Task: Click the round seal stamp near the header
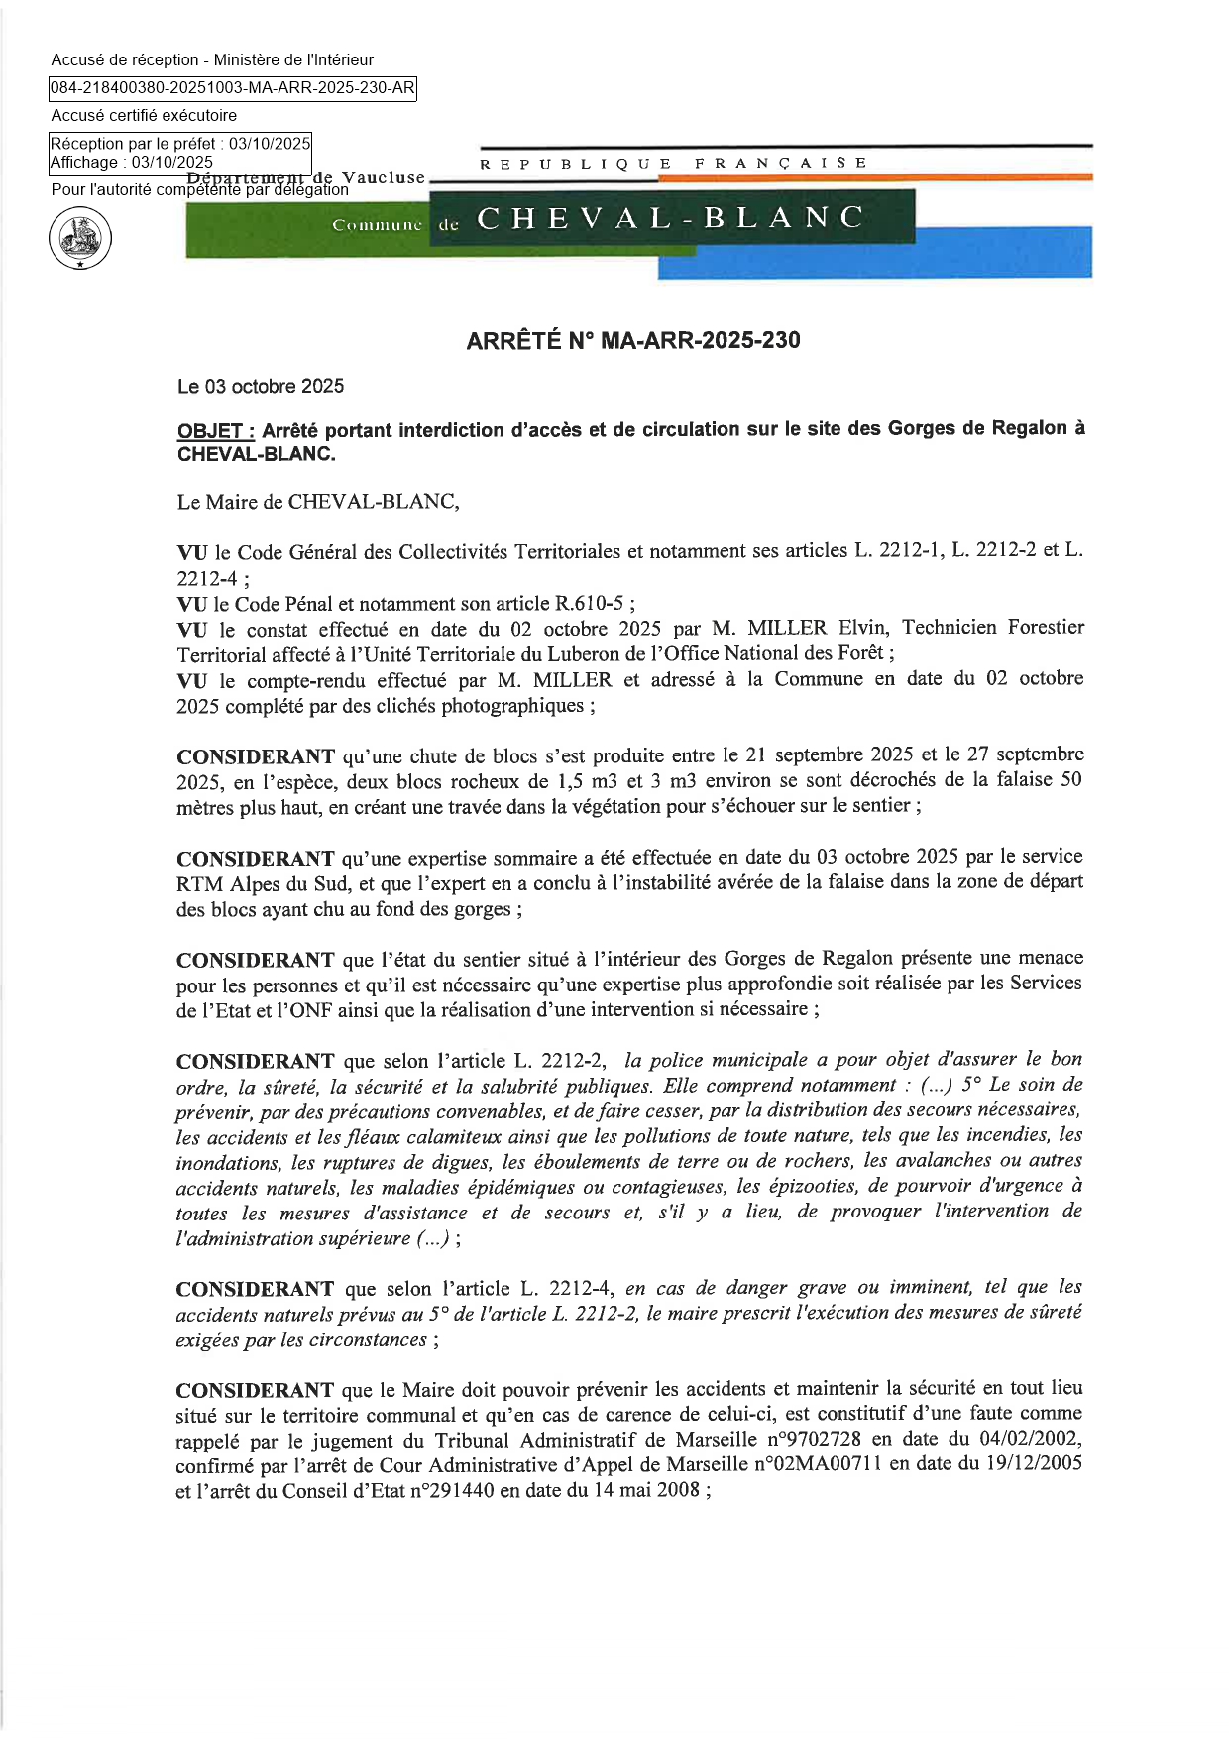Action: [x=80, y=239]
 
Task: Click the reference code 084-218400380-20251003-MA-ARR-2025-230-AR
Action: [x=233, y=88]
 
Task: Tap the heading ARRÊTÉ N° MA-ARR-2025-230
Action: [x=633, y=340]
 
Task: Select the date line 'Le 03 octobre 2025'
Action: [x=261, y=386]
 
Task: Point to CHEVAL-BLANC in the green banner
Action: [x=671, y=218]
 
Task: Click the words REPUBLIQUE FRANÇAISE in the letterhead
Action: [x=674, y=163]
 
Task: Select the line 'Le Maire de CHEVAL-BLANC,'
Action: [x=318, y=502]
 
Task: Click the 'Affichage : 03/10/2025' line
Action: [x=132, y=162]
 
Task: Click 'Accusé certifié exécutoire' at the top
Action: [x=144, y=116]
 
